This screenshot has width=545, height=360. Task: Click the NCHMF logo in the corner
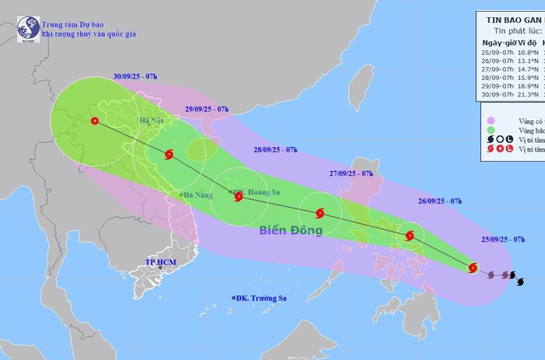coord(27,28)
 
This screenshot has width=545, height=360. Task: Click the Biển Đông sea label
coord(291,230)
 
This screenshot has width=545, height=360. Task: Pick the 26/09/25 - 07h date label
coord(439,201)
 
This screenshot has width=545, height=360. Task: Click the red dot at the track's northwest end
coord(94,121)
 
